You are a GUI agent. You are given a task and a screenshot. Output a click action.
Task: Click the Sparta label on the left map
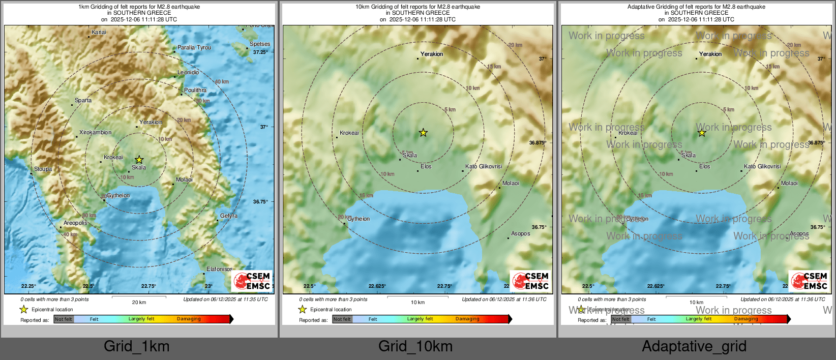click(x=83, y=100)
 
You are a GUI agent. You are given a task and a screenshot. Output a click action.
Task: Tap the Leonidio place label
click(x=188, y=72)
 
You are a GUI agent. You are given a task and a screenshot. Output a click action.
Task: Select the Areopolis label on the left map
click(x=75, y=223)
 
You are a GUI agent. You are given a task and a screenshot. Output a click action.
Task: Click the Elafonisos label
click(x=219, y=269)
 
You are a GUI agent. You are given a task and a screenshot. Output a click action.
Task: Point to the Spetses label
click(x=260, y=44)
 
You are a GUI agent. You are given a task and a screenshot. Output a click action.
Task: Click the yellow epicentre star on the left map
click(x=139, y=160)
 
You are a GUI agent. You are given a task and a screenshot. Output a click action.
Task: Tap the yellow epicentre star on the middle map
click(x=423, y=133)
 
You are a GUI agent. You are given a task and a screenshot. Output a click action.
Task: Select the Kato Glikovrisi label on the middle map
click(x=484, y=166)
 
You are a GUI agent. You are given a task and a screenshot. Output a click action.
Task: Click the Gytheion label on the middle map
click(x=359, y=219)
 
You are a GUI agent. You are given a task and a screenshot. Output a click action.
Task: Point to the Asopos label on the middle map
click(x=520, y=233)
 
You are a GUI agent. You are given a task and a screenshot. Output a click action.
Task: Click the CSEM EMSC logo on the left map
click(x=252, y=281)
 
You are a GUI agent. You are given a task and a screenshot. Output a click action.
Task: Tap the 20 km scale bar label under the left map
click(x=139, y=302)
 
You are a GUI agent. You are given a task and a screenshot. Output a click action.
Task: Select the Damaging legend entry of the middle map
click(x=467, y=319)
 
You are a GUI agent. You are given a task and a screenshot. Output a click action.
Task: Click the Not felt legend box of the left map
click(x=64, y=319)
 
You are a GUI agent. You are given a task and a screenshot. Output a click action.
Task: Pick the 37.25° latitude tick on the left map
click(x=260, y=52)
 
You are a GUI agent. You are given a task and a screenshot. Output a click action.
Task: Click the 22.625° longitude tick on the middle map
click(x=377, y=286)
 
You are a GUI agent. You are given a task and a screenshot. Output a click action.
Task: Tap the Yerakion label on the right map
click(x=710, y=54)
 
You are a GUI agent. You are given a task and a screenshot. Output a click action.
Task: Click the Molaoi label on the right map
click(x=789, y=183)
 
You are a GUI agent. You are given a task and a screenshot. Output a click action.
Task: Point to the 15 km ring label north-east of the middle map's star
click(x=494, y=67)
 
